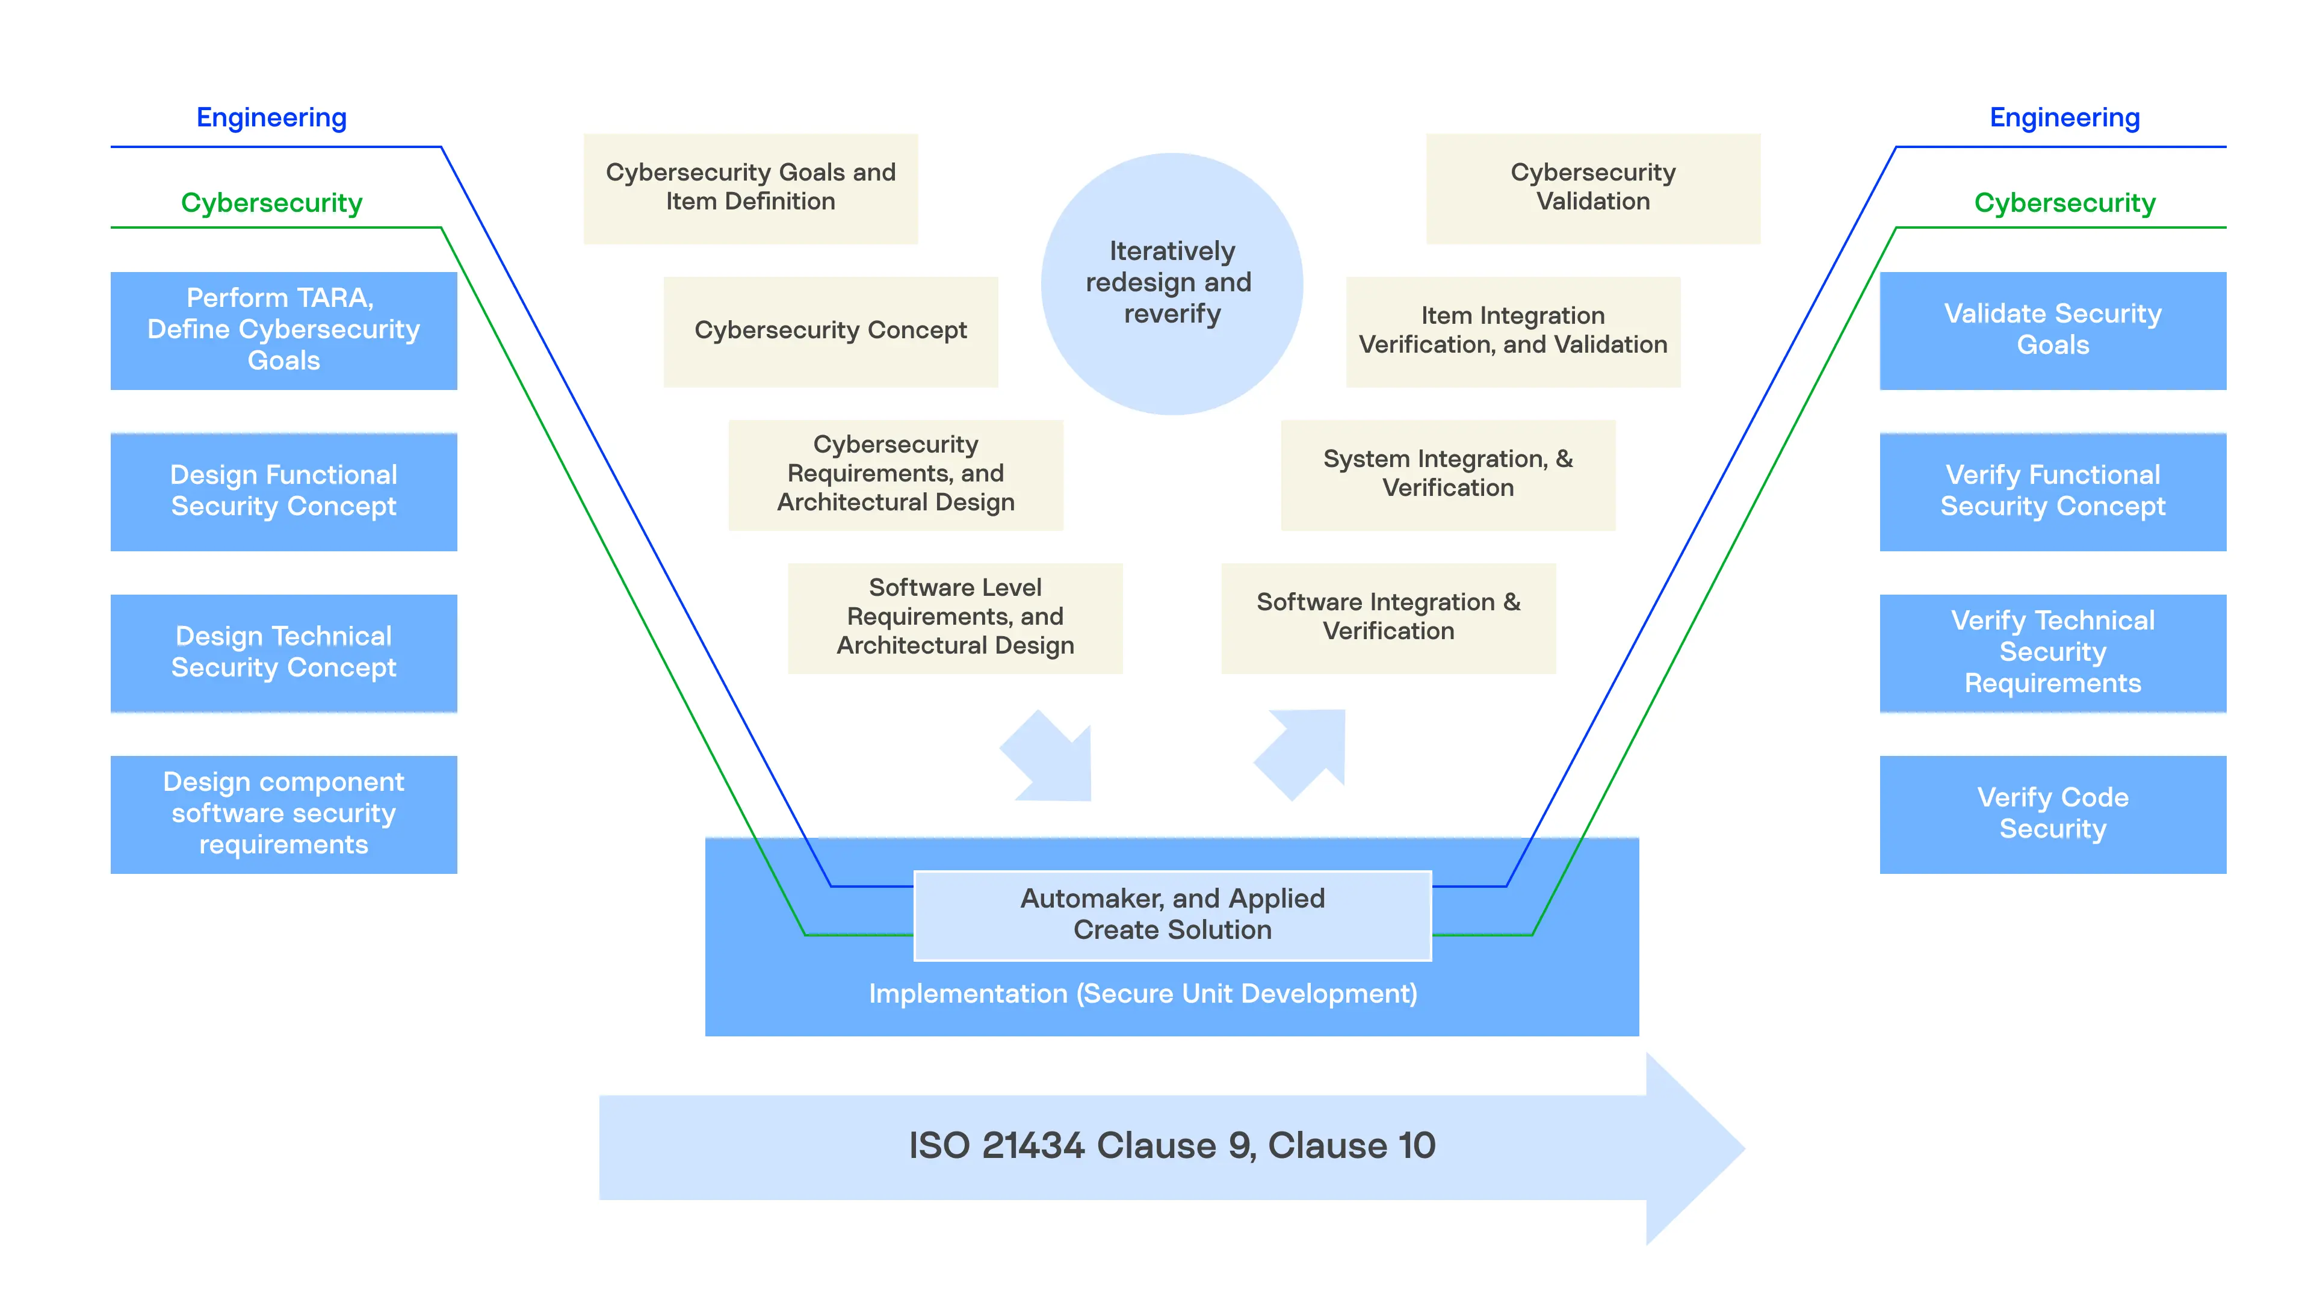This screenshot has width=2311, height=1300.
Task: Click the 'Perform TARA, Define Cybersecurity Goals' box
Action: tap(283, 330)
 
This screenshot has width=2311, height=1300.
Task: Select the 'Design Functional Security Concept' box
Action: tap(283, 491)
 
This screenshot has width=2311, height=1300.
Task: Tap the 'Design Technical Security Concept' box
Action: tap(283, 652)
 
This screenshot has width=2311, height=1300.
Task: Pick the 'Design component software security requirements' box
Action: tap(283, 814)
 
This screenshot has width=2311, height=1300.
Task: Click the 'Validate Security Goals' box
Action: tap(2053, 330)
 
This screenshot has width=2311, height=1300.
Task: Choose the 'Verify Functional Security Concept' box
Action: tap(2053, 491)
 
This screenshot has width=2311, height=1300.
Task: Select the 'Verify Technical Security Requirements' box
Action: tap(2053, 652)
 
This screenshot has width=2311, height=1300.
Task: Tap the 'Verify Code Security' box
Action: tap(2053, 814)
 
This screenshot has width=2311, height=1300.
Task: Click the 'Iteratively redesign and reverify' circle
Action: tap(1172, 283)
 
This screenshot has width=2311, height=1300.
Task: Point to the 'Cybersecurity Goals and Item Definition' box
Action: tap(750, 188)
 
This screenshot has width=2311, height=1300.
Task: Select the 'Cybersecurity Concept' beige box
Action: tap(830, 331)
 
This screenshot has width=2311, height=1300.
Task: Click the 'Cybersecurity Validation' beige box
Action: tap(1592, 188)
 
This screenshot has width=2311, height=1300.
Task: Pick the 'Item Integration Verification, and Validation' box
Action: tap(1512, 331)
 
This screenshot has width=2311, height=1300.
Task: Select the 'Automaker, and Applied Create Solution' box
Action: tap(1172, 914)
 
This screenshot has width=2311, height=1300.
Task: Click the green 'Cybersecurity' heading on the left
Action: tap(272, 203)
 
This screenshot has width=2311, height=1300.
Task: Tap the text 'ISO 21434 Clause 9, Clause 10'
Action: tap(1172, 1146)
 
